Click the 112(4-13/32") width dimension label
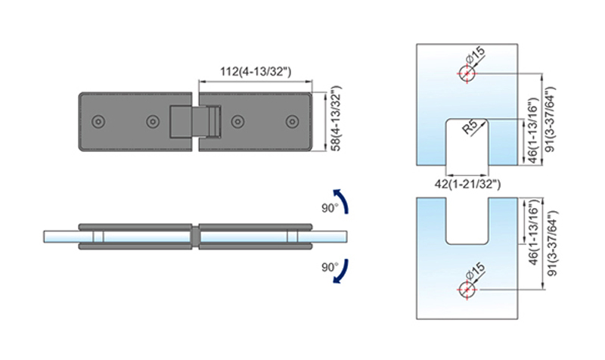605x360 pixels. (x=256, y=72)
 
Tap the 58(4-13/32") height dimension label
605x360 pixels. (x=337, y=119)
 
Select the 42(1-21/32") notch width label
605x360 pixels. (x=467, y=184)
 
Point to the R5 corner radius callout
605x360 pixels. (x=470, y=127)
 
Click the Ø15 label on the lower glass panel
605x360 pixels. (x=475, y=272)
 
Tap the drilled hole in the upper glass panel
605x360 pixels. (x=467, y=73)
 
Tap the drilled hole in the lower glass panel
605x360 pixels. (x=467, y=290)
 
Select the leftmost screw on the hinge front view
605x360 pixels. (x=98, y=122)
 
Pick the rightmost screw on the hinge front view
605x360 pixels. (x=292, y=122)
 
